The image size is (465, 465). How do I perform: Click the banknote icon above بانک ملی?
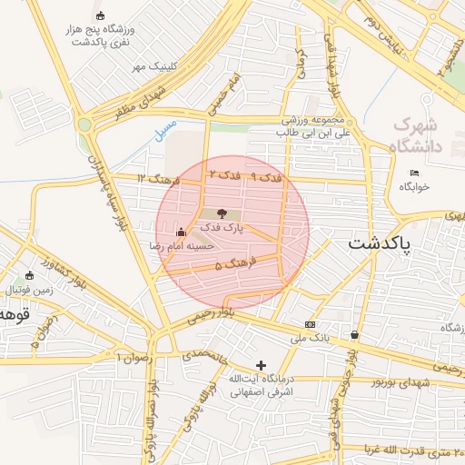[312, 324]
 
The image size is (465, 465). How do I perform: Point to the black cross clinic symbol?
[262, 365]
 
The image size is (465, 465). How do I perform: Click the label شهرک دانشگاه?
[417, 134]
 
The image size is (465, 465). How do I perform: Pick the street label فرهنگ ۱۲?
[156, 177]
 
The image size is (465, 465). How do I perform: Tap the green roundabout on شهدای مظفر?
[85, 124]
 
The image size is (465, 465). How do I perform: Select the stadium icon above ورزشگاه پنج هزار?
[99, 15]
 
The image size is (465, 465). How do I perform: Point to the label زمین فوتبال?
[30, 290]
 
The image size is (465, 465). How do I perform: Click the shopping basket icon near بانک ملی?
[353, 335]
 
